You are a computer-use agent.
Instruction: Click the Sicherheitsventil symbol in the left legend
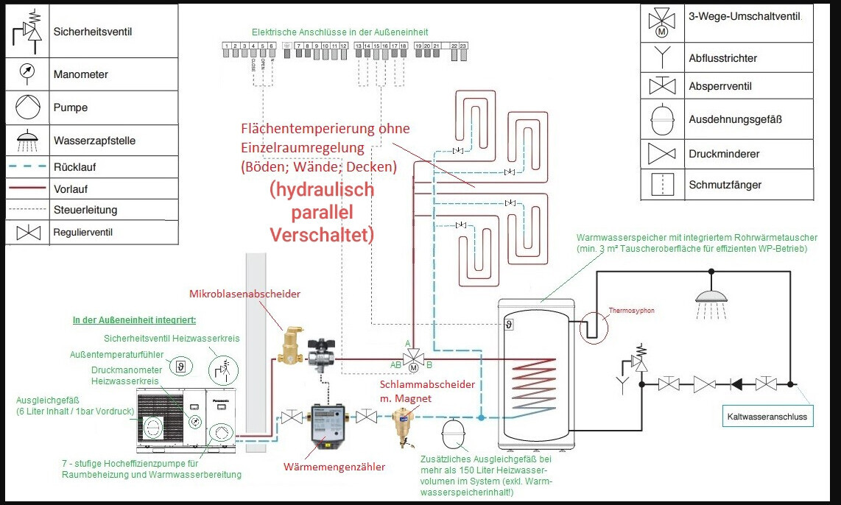(x=28, y=31)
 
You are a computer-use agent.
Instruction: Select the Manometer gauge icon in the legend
(x=28, y=73)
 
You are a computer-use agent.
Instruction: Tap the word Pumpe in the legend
(x=71, y=107)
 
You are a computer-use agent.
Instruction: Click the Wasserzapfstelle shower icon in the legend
(x=28, y=138)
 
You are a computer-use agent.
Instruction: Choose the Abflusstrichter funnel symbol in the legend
(x=661, y=57)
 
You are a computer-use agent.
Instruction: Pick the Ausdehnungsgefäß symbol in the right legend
(x=661, y=119)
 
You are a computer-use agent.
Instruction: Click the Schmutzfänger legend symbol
(x=661, y=184)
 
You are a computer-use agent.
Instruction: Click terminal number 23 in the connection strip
(x=463, y=46)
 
